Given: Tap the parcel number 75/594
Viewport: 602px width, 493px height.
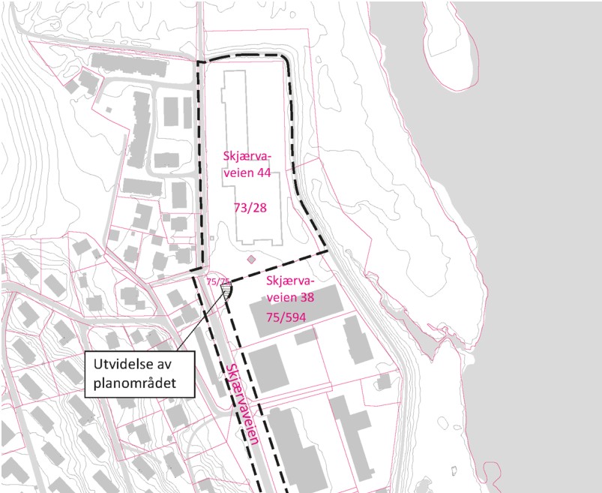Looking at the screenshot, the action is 289,315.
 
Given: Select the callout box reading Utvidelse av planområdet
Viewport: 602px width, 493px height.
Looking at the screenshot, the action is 139,373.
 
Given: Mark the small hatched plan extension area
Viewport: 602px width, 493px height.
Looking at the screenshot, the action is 226,289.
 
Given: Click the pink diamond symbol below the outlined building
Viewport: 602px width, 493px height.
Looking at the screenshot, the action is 251,260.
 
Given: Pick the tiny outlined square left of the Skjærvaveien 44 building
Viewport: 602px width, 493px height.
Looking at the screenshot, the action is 212,239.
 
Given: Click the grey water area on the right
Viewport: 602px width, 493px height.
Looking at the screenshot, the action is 540,263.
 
